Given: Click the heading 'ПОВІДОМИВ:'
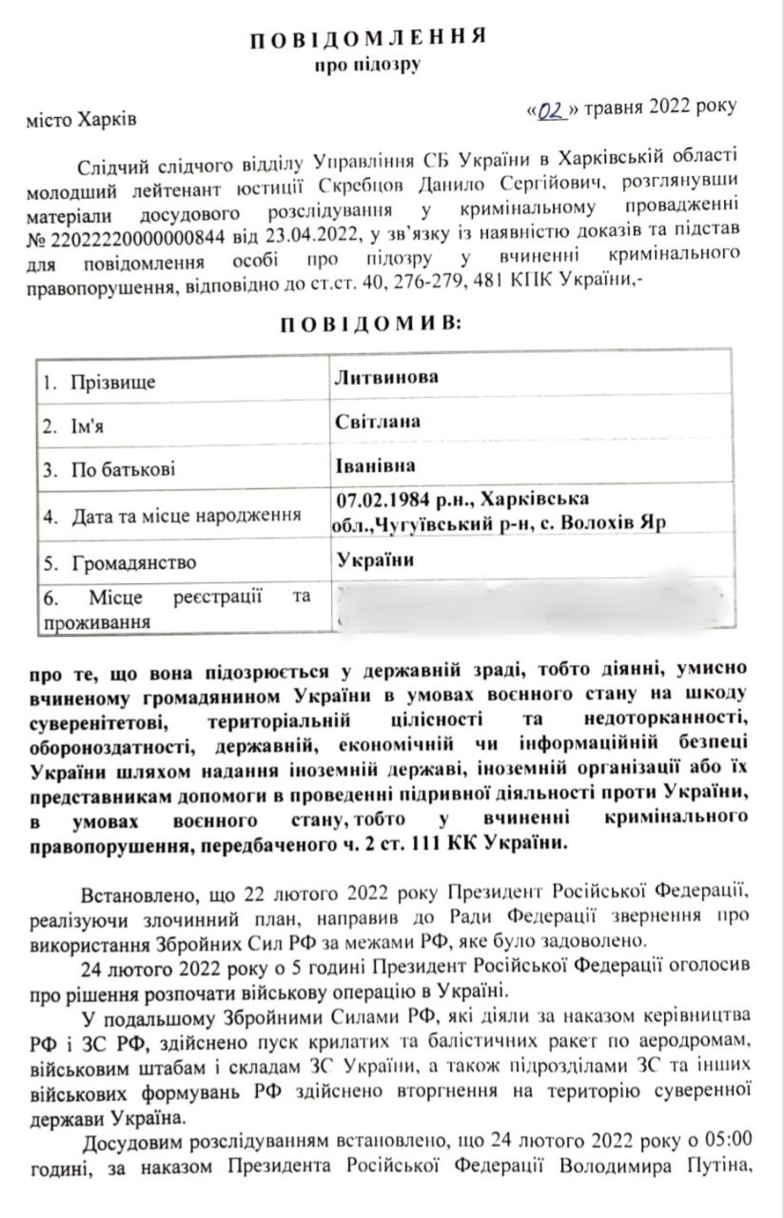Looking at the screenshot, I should (x=368, y=324).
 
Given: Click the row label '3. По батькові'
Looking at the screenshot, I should (x=109, y=469).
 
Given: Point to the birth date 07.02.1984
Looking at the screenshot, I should (x=380, y=500).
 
